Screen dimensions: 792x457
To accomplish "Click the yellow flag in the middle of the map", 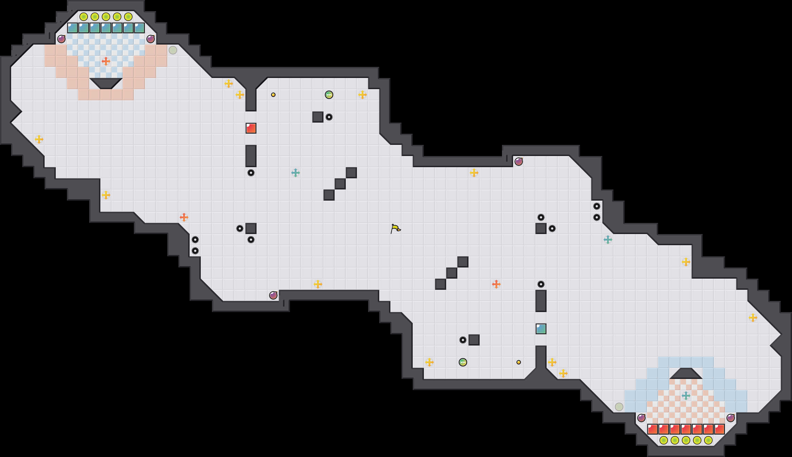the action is (x=395, y=228).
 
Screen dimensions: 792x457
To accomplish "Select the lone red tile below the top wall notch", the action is (x=251, y=128).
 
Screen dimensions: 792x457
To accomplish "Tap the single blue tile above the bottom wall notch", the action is (x=541, y=329).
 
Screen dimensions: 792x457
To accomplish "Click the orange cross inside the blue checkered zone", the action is (x=106, y=61).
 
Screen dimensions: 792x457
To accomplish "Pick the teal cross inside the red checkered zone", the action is (x=686, y=395).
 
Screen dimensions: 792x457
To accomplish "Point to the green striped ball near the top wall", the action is (x=329, y=94).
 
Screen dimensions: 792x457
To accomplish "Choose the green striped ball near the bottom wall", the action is (x=463, y=362).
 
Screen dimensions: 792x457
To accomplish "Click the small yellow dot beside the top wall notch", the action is (x=273, y=94).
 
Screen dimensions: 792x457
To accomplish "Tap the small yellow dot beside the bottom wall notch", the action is (x=518, y=362).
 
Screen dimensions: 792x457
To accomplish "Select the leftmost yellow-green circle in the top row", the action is (x=84, y=17).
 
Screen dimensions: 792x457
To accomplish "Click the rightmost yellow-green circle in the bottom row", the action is (x=708, y=440).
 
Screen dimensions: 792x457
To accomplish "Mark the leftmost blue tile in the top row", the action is (x=73, y=28).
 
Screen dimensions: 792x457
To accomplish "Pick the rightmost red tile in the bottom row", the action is (x=719, y=429).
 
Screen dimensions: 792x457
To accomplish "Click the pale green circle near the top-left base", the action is (x=173, y=50).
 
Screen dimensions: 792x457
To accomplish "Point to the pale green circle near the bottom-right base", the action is (x=619, y=407).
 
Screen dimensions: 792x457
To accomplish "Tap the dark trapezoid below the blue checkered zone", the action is (x=106, y=83).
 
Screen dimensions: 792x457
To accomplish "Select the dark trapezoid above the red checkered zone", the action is (x=686, y=373).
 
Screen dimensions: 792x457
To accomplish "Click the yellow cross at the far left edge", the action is (x=39, y=139).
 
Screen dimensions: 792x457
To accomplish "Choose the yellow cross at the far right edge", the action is (x=753, y=318).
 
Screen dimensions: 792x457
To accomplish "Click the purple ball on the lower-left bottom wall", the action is (x=273, y=295).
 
